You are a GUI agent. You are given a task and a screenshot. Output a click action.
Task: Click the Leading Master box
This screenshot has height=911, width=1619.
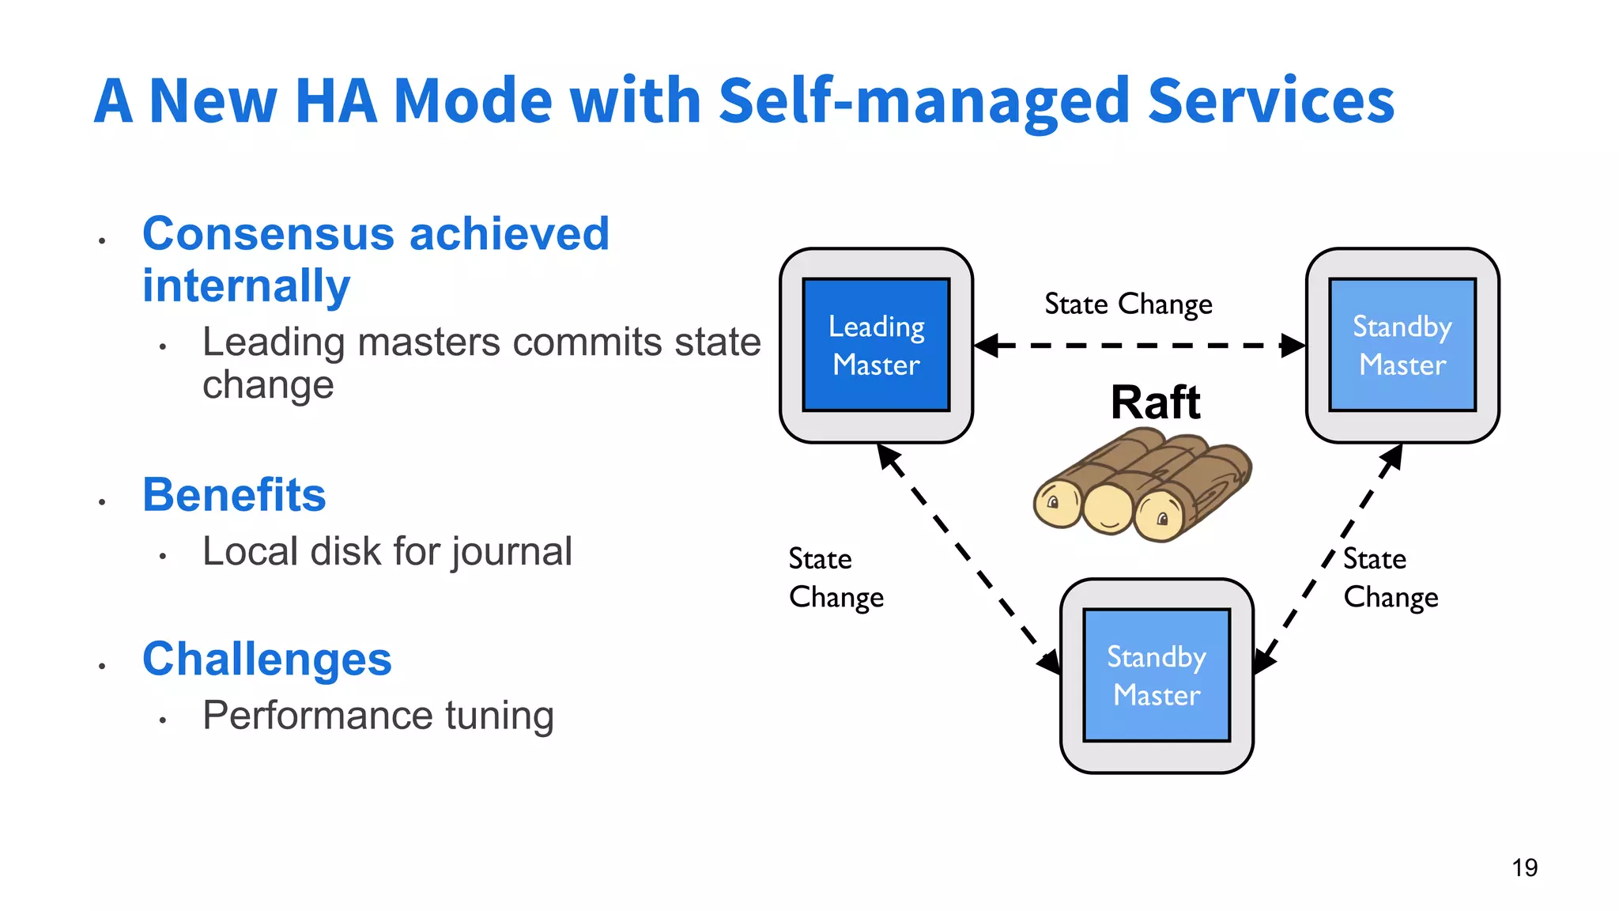click(876, 345)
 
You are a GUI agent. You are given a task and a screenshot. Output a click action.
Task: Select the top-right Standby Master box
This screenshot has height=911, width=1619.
click(1402, 345)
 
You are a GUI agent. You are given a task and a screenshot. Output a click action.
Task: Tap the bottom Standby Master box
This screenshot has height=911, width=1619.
click(1156, 675)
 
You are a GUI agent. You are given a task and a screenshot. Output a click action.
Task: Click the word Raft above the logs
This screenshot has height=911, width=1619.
click(1155, 403)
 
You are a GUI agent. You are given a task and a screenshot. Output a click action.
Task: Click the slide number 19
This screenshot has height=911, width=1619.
click(1524, 868)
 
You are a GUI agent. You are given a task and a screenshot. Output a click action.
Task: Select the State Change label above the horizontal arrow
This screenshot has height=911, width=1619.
click(1128, 304)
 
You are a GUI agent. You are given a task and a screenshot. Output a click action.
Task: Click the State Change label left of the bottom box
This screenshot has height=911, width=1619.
click(836, 578)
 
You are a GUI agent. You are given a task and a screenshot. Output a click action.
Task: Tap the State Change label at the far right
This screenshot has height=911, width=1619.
click(1391, 578)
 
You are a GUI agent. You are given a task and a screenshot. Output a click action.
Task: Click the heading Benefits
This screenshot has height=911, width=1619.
click(234, 495)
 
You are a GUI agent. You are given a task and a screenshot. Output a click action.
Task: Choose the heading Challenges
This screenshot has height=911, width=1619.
click(266, 659)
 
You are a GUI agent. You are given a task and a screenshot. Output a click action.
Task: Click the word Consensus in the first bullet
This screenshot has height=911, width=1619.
click(268, 234)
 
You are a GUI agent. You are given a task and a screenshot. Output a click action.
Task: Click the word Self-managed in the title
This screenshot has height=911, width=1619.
click(924, 101)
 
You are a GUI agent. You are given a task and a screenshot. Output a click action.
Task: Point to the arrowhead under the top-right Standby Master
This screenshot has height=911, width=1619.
click(1393, 455)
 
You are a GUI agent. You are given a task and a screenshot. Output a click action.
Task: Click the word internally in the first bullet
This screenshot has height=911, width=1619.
click(246, 285)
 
